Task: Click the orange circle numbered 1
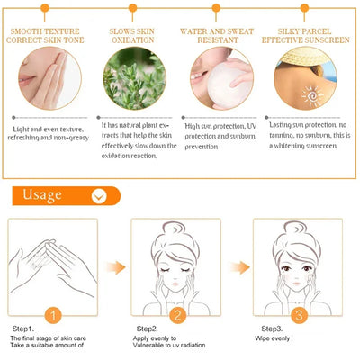[x=52, y=315]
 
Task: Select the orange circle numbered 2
[x=177, y=315]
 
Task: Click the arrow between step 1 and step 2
[x=114, y=266]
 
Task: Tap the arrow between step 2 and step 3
[x=238, y=266]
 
